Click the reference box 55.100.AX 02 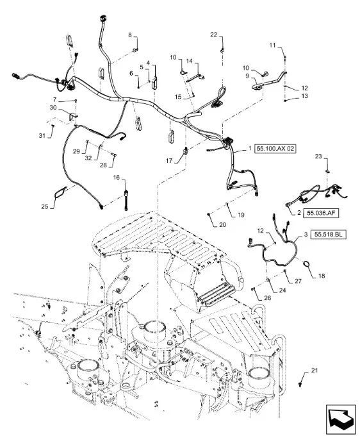click(x=275, y=149)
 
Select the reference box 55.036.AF click(x=321, y=214)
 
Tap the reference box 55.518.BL click(x=329, y=235)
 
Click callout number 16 click(x=116, y=178)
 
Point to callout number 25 click(x=45, y=206)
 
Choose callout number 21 click(x=314, y=371)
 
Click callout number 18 click(x=322, y=276)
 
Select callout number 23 click(x=318, y=156)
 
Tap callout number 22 click(x=213, y=35)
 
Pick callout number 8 click(x=130, y=35)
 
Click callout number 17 click(x=169, y=161)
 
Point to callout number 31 click(x=42, y=136)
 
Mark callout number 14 click(x=189, y=61)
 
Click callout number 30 click(x=53, y=107)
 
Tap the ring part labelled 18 click(x=306, y=263)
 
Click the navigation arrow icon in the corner click(x=341, y=417)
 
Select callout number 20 click(x=223, y=224)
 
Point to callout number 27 click(x=298, y=281)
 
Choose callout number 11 click(x=272, y=45)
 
